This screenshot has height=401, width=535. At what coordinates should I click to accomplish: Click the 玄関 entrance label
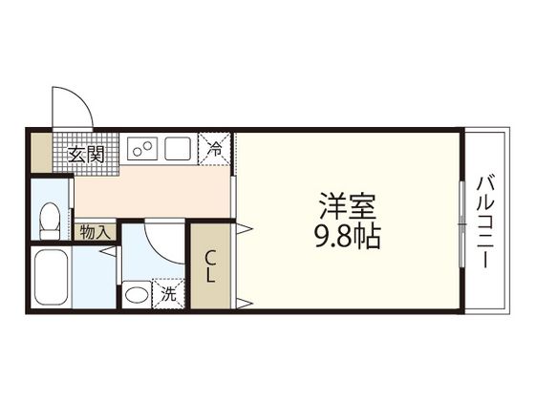86,155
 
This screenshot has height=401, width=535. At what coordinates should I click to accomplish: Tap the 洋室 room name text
348,206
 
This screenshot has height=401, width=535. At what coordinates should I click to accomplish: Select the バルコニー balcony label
485,222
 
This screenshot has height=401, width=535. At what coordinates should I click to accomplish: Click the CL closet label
210,266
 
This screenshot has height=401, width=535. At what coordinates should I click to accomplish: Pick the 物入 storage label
96,233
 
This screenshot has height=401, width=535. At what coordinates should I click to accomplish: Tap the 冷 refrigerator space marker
215,149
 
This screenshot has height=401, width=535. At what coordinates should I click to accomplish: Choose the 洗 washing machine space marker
168,294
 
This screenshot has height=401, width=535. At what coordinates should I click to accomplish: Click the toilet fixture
50,221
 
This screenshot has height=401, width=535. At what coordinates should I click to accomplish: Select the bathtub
52,277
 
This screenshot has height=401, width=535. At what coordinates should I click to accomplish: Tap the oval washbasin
137,295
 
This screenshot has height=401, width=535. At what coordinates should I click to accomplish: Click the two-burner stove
142,149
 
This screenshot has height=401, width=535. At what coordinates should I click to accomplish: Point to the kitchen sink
178,148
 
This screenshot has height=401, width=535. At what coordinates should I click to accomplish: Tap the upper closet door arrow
245,228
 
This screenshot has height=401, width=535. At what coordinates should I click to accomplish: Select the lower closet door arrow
245,304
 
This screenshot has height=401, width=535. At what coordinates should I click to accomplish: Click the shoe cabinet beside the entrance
42,153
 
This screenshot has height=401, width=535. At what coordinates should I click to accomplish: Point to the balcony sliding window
462,224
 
